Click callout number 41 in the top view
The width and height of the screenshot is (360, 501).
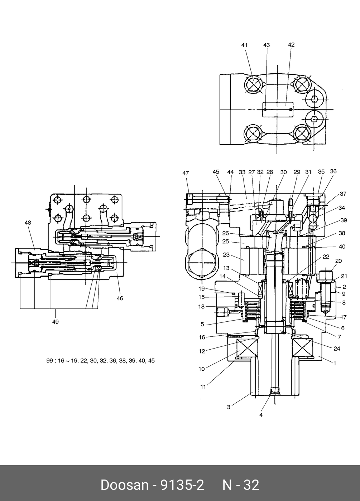pos(244,45)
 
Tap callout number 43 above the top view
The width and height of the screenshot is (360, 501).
pos(267,45)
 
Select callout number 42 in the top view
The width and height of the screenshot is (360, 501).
pos(291,44)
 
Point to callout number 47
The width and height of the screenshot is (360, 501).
pos(186,173)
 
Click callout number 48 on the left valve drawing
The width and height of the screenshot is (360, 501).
pos(28,223)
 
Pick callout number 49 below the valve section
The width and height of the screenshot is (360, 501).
pos(55,322)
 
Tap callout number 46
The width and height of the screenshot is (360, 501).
pos(120,298)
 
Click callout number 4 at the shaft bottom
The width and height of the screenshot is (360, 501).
pos(261,415)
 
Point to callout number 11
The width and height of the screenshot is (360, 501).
pos(203,387)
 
